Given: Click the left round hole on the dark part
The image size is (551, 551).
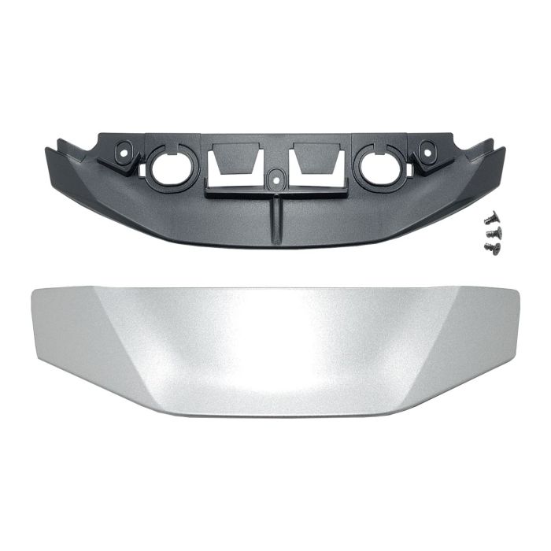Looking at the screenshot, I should [167, 165].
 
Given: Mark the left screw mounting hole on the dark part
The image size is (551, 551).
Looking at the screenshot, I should [124, 150].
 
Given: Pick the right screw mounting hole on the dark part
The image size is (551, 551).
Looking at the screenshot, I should [426, 148].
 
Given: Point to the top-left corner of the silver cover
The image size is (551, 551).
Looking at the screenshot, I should [31, 292].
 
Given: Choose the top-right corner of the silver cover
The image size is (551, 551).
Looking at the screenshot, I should [520, 290].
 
